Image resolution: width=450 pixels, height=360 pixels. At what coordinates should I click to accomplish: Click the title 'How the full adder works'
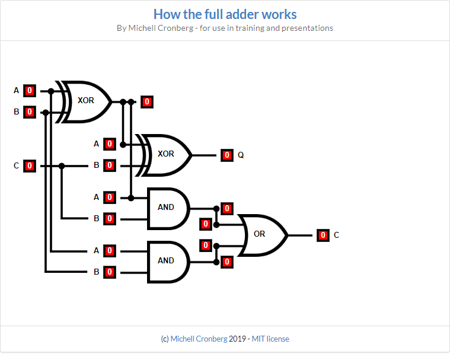tap(225, 14)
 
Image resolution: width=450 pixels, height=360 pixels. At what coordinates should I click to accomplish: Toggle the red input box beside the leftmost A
tap(30, 91)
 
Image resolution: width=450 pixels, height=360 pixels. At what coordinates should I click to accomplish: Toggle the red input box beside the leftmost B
tap(30, 111)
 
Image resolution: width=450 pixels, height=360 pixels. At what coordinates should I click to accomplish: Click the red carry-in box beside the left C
tap(30, 166)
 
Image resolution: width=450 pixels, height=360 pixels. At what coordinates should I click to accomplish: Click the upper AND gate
tap(167, 208)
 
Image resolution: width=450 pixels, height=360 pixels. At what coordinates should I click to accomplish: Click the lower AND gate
tap(167, 261)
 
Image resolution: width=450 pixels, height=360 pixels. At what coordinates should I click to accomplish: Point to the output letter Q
tap(241, 155)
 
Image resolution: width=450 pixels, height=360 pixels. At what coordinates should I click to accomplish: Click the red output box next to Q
tap(227, 155)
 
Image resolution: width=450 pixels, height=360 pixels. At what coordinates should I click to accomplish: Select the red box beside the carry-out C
tap(323, 235)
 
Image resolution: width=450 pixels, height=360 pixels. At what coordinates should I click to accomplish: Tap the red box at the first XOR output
tap(147, 102)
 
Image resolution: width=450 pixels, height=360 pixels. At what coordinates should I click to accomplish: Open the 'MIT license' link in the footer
tap(270, 339)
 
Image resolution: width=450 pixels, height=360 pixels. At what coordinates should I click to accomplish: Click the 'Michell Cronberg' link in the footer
tap(199, 339)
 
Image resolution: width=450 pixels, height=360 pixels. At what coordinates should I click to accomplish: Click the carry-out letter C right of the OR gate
tap(337, 235)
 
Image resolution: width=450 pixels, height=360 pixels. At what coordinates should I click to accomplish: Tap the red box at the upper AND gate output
tap(226, 208)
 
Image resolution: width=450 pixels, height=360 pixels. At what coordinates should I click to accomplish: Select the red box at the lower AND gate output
tap(226, 262)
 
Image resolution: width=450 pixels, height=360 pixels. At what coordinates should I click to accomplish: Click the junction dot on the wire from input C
tap(62, 166)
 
